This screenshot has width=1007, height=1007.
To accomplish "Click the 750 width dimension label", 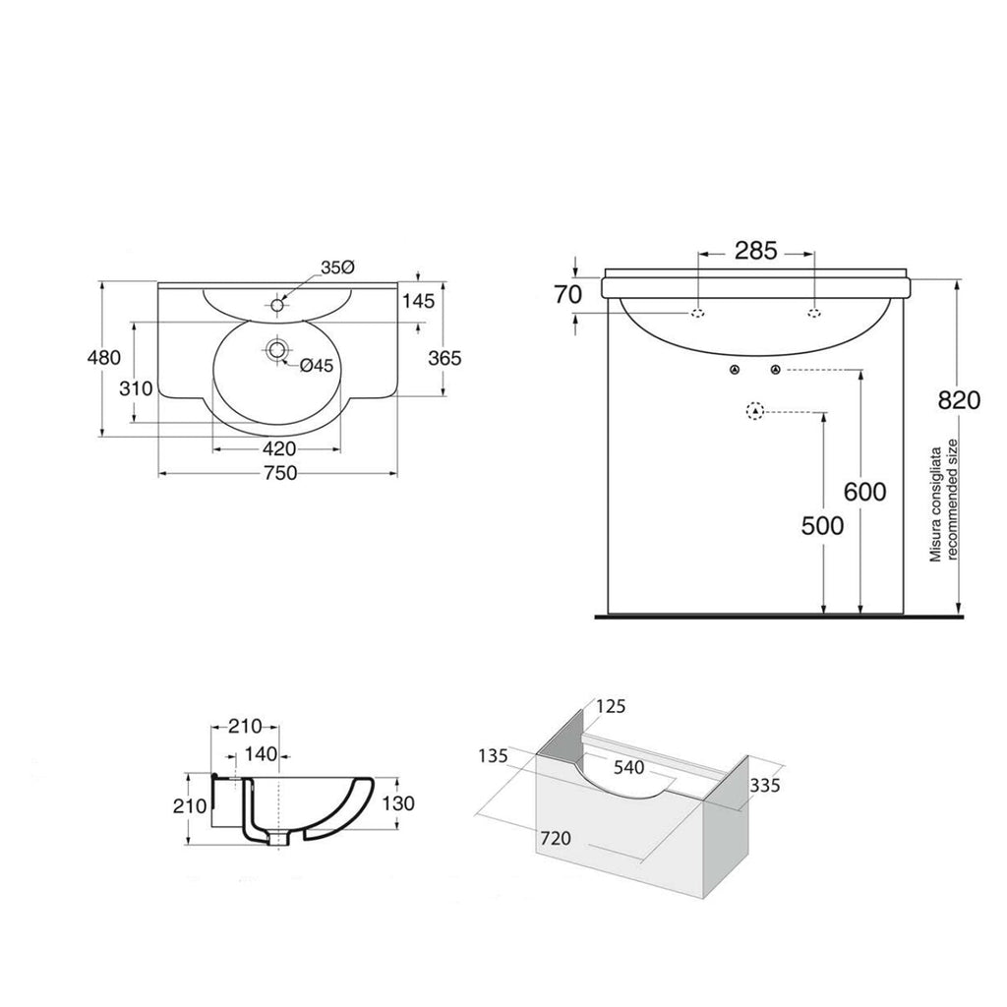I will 278,473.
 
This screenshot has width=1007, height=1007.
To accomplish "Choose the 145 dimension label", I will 418,301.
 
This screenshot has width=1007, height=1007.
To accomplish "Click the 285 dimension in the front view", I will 755,250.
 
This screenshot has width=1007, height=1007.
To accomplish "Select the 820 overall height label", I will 959,400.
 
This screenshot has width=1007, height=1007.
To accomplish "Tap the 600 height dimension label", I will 864,492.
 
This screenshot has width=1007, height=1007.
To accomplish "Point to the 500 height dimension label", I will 822,526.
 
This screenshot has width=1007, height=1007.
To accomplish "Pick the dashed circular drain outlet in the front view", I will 754,412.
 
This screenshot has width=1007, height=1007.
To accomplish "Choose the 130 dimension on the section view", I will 397,803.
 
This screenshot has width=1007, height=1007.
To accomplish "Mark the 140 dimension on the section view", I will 259,754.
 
